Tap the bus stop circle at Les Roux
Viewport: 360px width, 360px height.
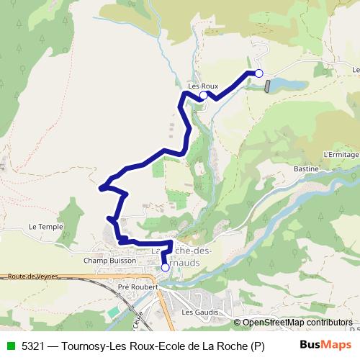204,95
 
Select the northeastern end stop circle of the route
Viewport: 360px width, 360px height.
259,73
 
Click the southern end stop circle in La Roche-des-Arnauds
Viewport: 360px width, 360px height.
165,267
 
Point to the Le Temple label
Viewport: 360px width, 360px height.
46,227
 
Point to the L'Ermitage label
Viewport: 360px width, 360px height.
341,154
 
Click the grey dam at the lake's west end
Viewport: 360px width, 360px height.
268,86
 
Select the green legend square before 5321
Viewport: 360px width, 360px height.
10,346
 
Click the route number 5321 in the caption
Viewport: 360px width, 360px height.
34,346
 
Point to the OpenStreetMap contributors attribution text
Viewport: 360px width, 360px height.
297,323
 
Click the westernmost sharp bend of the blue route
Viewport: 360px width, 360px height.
100,189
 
